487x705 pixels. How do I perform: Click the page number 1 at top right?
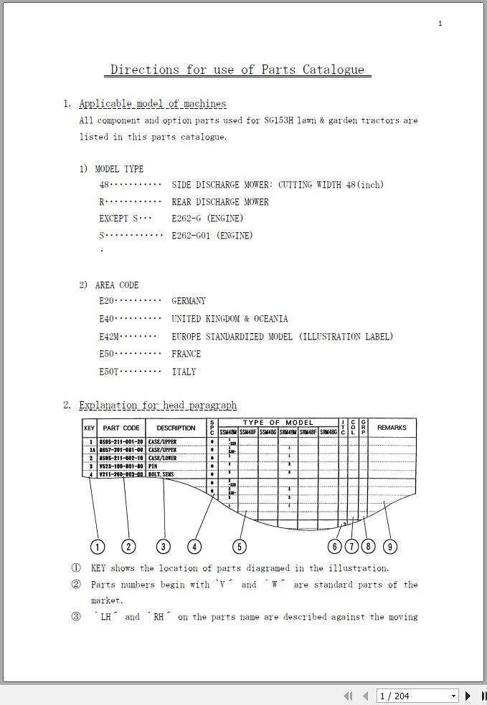pyautogui.click(x=440, y=24)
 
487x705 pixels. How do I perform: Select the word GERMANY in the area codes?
pyautogui.click(x=189, y=301)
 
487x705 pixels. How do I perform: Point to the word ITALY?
pyautogui.click(x=184, y=372)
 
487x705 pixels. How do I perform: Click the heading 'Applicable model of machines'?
pyautogui.click(x=152, y=104)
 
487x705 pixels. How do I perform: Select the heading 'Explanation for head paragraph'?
pyautogui.click(x=158, y=406)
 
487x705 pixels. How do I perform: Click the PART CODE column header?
pyautogui.click(x=121, y=428)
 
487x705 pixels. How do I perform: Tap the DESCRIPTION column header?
pyautogui.click(x=176, y=428)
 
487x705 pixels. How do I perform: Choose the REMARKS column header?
pyautogui.click(x=392, y=428)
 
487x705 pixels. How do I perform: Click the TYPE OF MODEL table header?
pyautogui.click(x=278, y=423)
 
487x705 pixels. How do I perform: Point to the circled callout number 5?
pyautogui.click(x=240, y=547)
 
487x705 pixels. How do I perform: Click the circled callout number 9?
pyautogui.click(x=389, y=547)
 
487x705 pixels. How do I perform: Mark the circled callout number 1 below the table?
pyautogui.click(x=98, y=547)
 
